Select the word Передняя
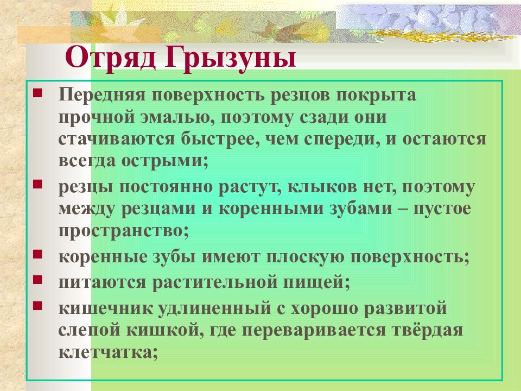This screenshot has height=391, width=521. click(x=102, y=94)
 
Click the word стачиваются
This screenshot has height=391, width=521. click(x=116, y=139)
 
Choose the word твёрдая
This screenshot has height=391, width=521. click(x=427, y=330)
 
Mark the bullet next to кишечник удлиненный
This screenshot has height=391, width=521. click(x=37, y=305)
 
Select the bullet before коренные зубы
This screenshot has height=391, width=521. click(x=37, y=254)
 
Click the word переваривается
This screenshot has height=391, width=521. click(x=313, y=331)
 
